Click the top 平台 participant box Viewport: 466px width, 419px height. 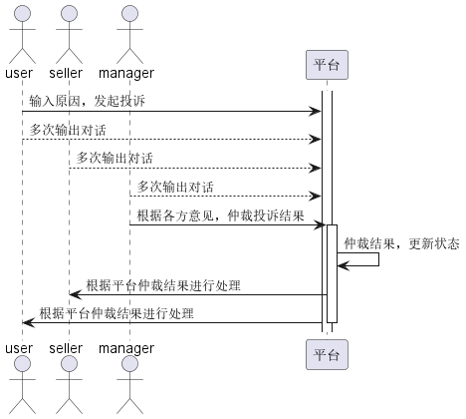327,65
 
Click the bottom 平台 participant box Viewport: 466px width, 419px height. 327,354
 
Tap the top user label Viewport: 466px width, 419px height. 19,73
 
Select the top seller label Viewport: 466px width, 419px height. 66,73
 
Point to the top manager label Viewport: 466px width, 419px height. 126,74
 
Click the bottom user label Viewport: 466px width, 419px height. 19,348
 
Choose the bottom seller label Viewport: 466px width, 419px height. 66,348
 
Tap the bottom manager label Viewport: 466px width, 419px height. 126,349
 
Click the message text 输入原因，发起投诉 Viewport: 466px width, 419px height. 87,101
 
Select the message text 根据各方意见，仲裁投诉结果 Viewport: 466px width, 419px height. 220,215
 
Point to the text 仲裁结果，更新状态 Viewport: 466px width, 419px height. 401,243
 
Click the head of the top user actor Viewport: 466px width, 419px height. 22,14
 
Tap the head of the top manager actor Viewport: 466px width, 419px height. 129,14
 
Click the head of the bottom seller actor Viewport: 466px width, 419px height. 69,364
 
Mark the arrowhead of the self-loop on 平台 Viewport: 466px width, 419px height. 343,265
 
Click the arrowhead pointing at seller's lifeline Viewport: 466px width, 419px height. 75,294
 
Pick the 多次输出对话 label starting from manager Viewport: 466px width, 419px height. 175,187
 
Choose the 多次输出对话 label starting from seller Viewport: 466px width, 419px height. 115,158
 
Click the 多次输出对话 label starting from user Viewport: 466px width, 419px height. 68,130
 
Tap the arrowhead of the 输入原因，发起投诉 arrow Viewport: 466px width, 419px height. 315,112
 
